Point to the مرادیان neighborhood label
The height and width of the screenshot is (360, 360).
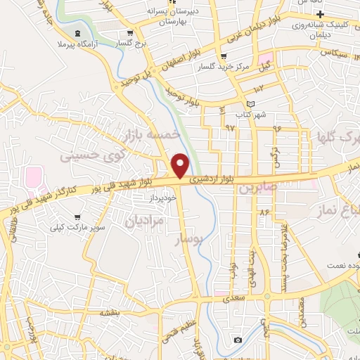coord(143,221)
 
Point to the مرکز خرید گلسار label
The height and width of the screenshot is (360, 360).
coord(243,67)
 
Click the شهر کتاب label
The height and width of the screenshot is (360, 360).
coord(250,114)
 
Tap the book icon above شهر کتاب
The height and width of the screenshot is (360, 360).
coord(251,103)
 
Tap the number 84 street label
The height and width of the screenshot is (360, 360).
coord(264,212)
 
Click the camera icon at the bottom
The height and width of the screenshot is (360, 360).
coord(238,340)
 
